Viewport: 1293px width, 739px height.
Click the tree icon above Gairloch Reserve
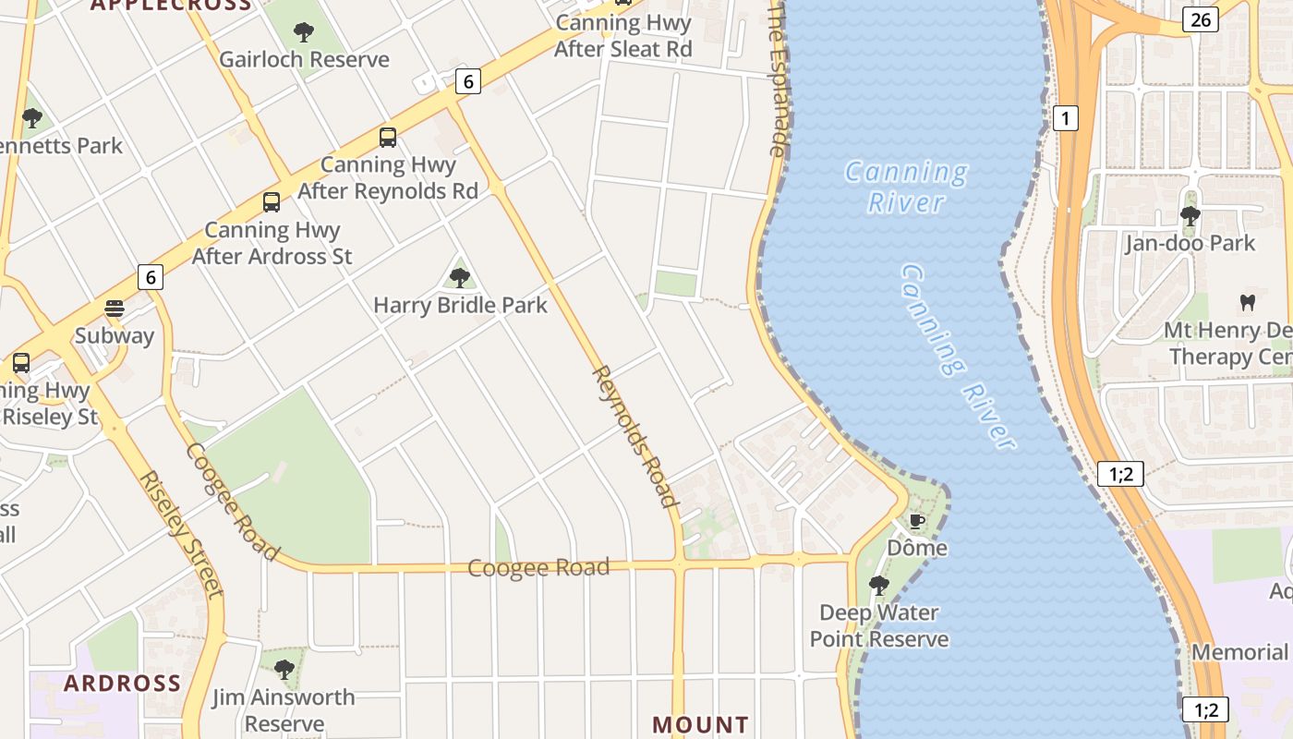tap(304, 32)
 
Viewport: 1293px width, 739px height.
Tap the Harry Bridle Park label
tap(460, 305)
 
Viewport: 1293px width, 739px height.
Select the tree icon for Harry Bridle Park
tap(459, 277)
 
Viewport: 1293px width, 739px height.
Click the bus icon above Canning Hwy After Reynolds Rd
tap(388, 138)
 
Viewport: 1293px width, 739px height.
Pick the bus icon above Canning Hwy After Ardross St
tap(272, 202)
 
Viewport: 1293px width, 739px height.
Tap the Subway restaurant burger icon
tap(115, 309)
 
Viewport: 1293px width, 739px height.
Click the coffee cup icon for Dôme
tap(916, 521)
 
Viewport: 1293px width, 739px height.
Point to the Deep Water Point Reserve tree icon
tap(879, 585)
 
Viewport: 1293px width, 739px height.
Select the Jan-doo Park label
tap(1190, 244)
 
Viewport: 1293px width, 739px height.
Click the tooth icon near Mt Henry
tap(1247, 302)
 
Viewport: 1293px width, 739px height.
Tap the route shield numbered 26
tap(1200, 19)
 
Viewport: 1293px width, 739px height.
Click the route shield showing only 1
tap(1066, 118)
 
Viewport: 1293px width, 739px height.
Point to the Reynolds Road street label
tap(634, 436)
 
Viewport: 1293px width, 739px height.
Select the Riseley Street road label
tap(181, 534)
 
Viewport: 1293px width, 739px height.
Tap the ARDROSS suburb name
tap(122, 684)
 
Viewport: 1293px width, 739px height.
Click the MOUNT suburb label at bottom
tap(700, 725)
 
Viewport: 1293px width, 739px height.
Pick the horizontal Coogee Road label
tap(538, 567)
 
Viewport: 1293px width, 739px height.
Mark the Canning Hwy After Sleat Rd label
tap(622, 36)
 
